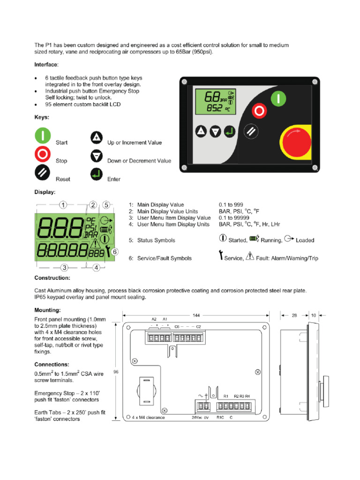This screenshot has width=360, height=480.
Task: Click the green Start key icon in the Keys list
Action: (x=43, y=136)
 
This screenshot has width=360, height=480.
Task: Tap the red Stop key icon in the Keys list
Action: (x=43, y=154)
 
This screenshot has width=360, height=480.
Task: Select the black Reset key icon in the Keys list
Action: (x=43, y=172)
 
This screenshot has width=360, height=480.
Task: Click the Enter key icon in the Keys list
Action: (x=97, y=175)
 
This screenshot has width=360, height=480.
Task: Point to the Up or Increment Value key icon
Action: (x=97, y=138)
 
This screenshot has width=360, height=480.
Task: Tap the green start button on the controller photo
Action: (x=277, y=99)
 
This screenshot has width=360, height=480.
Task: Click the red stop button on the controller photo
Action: (x=258, y=112)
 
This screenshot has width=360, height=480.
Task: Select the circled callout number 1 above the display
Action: (x=63, y=205)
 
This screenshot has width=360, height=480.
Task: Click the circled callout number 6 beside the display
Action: (x=114, y=251)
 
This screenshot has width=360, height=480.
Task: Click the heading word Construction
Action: (x=52, y=278)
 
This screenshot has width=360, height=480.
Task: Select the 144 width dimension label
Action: (x=195, y=315)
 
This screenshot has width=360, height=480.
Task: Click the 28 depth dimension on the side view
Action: (x=294, y=315)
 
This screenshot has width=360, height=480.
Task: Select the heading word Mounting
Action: (x=48, y=310)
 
